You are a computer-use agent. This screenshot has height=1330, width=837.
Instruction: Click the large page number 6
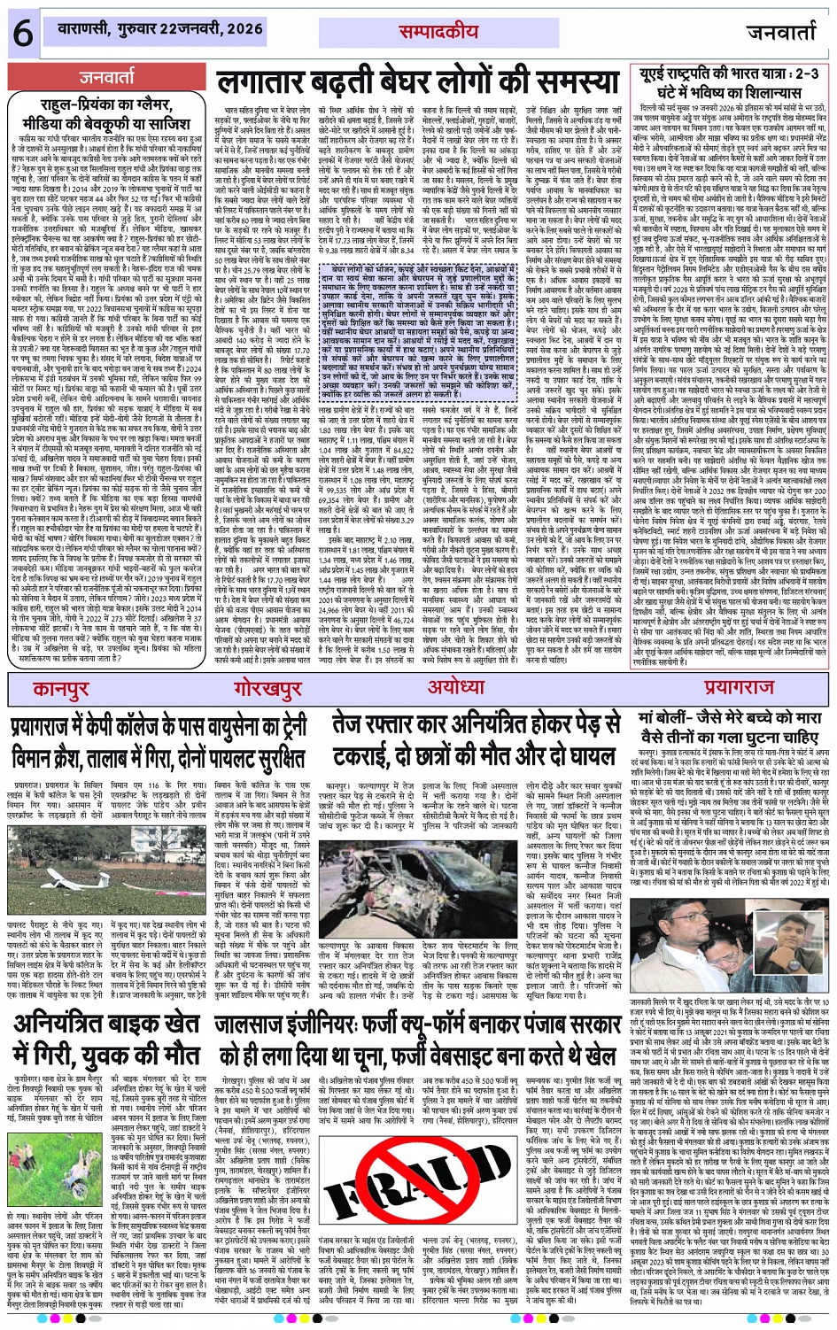coord(22,34)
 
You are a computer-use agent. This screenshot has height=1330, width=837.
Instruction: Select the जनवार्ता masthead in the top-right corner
coord(780,34)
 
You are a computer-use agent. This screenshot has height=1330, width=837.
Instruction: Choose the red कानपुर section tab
coord(62,687)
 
